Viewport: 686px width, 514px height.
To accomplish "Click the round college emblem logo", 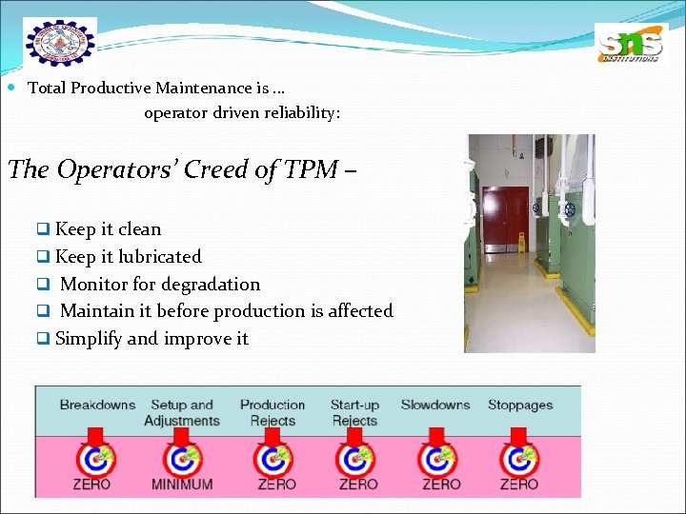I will pyautogui.click(x=59, y=41).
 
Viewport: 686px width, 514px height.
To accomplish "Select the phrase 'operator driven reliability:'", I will pyautogui.click(x=242, y=113).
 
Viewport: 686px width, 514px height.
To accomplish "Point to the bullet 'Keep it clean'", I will pyautogui.click(x=108, y=229).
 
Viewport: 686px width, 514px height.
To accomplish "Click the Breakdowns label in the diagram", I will pyautogui.click(x=97, y=405).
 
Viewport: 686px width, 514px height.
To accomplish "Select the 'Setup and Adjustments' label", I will pyautogui.click(x=181, y=413).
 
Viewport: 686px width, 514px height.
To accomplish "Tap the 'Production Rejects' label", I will pyautogui.click(x=272, y=413).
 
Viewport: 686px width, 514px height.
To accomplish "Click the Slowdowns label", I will pyautogui.click(x=435, y=405).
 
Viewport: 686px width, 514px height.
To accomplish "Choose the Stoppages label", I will pyautogui.click(x=520, y=405).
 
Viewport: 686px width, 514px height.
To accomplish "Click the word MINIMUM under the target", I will pyautogui.click(x=181, y=484).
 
